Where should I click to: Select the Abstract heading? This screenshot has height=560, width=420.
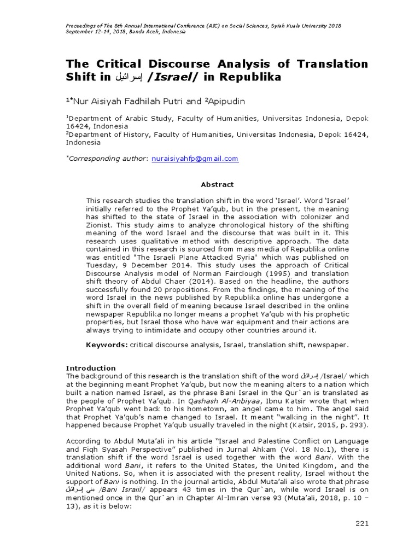[x=217, y=185]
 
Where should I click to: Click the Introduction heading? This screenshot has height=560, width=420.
[x=91, y=368]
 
